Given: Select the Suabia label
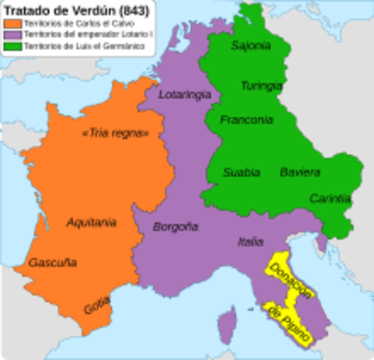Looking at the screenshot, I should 242,172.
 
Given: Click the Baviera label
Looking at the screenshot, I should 300,172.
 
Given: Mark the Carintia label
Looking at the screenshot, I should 330,199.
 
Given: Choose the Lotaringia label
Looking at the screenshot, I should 185,95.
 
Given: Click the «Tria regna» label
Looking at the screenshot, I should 114,133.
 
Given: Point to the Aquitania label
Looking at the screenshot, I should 91,222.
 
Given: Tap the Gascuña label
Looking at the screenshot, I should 53,263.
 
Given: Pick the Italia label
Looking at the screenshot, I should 250,241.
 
